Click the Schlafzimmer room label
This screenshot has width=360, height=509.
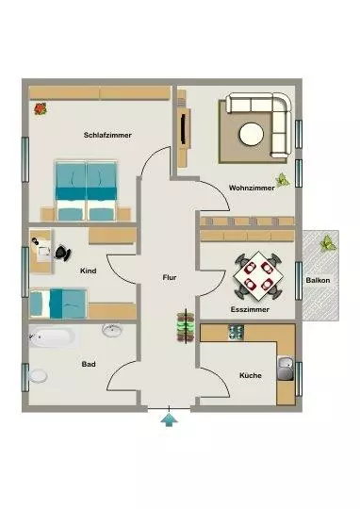pyautogui.click(x=107, y=135)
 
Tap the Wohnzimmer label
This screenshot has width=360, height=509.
pyautogui.click(x=252, y=188)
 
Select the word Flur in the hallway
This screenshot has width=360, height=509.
pyautogui.click(x=170, y=277)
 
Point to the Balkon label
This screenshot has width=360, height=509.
pyautogui.click(x=318, y=280)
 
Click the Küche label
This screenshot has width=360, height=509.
pyautogui.click(x=251, y=375)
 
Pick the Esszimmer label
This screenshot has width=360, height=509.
pyautogui.click(x=250, y=309)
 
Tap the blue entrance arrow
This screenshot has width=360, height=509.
pyautogui.click(x=169, y=419)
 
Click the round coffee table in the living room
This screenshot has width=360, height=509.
pyautogui.click(x=252, y=134)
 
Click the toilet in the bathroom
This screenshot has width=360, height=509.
pyautogui.click(x=38, y=376)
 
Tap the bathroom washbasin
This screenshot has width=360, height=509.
pyautogui.click(x=112, y=330)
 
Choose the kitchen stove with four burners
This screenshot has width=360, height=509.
pyautogui.click(x=236, y=333)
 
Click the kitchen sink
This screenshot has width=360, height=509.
pyautogui.click(x=286, y=369)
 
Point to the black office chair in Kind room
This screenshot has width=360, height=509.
pyautogui.click(x=63, y=253)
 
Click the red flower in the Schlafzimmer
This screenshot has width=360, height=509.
pyautogui.click(x=41, y=108)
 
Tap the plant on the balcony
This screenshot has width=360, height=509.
pyautogui.click(x=328, y=244)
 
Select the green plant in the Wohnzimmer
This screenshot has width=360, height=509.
pyautogui.click(x=283, y=179)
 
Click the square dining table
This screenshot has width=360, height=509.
pyautogui.click(x=258, y=275)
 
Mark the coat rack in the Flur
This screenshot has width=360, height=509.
pyautogui.click(x=186, y=326)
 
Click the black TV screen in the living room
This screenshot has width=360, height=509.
pyautogui.click(x=184, y=128)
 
